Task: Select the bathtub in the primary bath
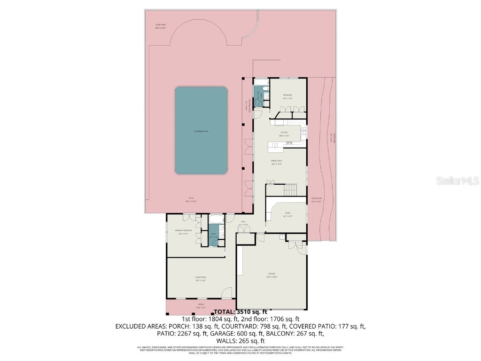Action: (x=217, y=219)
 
